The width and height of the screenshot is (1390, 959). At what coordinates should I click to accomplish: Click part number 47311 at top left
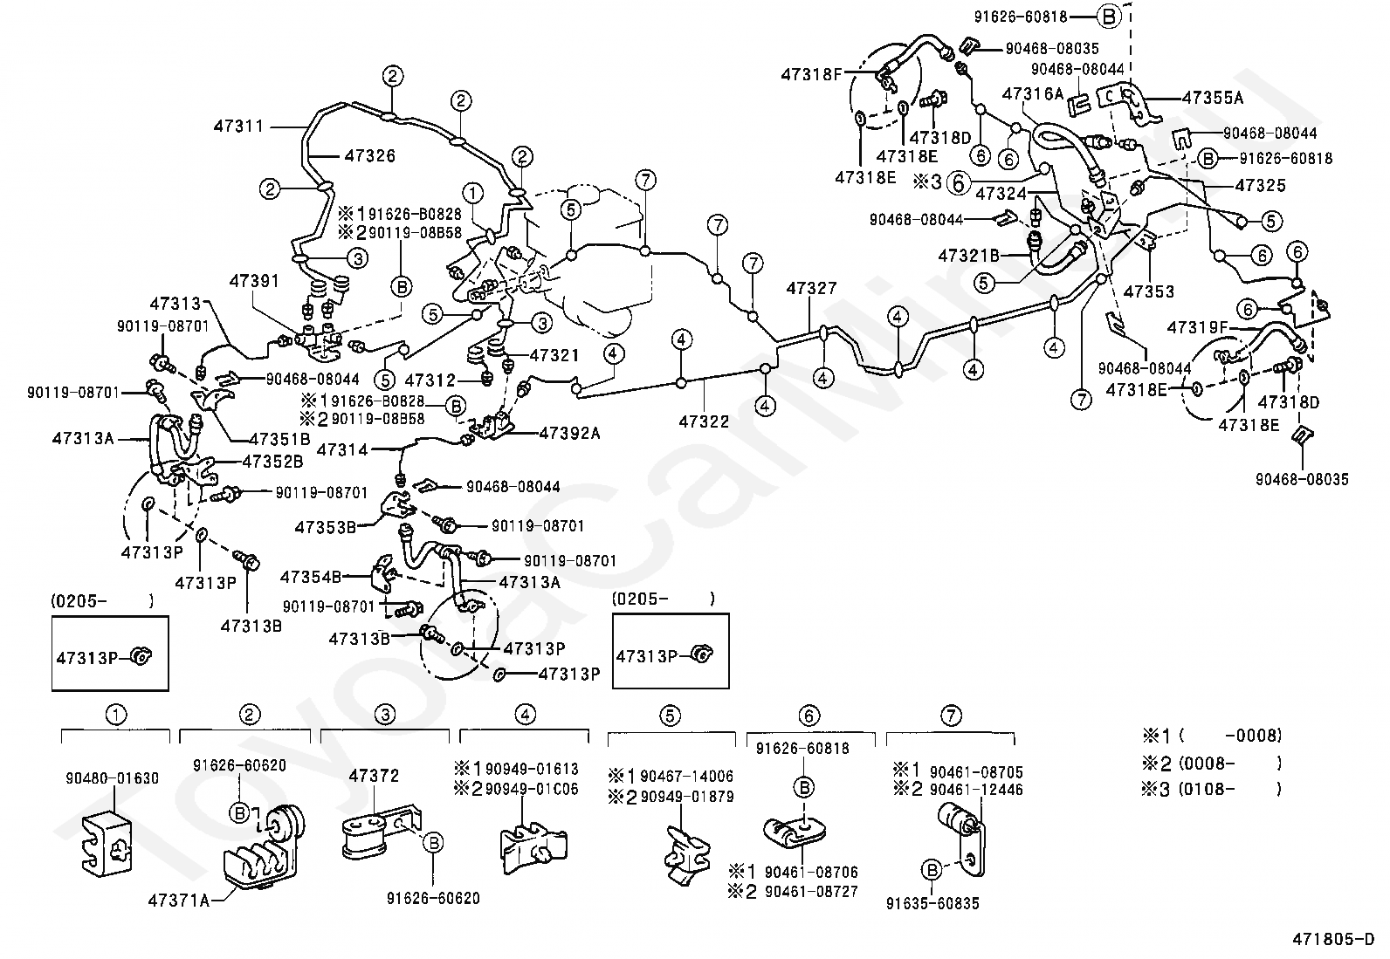click(237, 126)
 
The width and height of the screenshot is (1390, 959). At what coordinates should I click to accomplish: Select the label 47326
click(369, 156)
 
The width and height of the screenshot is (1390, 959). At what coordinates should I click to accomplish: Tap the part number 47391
click(254, 280)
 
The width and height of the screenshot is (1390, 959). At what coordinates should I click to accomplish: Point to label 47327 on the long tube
click(811, 288)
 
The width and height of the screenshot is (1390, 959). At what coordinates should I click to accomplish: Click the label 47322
click(704, 421)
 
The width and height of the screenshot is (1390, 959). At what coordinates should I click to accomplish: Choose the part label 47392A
click(569, 432)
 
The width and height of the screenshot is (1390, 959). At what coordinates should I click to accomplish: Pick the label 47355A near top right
click(1213, 99)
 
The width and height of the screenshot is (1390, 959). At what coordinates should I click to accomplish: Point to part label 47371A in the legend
click(179, 900)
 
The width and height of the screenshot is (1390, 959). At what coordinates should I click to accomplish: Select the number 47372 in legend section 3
click(374, 775)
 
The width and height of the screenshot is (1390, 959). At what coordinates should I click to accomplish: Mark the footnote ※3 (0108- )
click(1212, 789)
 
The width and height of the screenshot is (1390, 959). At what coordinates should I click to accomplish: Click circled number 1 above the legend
click(114, 715)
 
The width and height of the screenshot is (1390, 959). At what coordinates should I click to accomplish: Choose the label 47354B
click(312, 577)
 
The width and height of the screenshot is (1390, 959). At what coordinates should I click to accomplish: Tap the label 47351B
click(279, 439)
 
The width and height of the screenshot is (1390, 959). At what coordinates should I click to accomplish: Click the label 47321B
click(969, 256)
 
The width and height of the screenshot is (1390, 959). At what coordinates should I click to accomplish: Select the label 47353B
click(326, 527)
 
